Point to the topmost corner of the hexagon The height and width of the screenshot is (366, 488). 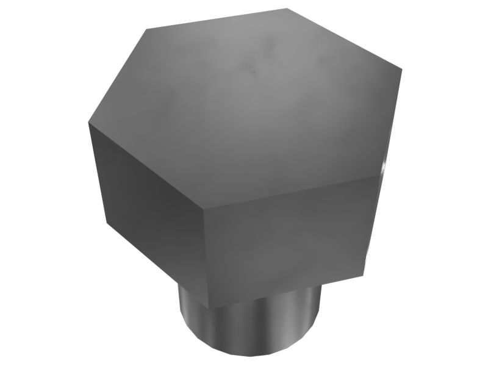tap(287, 9)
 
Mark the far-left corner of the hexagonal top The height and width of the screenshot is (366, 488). tap(88, 121)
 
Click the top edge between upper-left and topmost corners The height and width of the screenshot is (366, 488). tap(217, 18)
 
